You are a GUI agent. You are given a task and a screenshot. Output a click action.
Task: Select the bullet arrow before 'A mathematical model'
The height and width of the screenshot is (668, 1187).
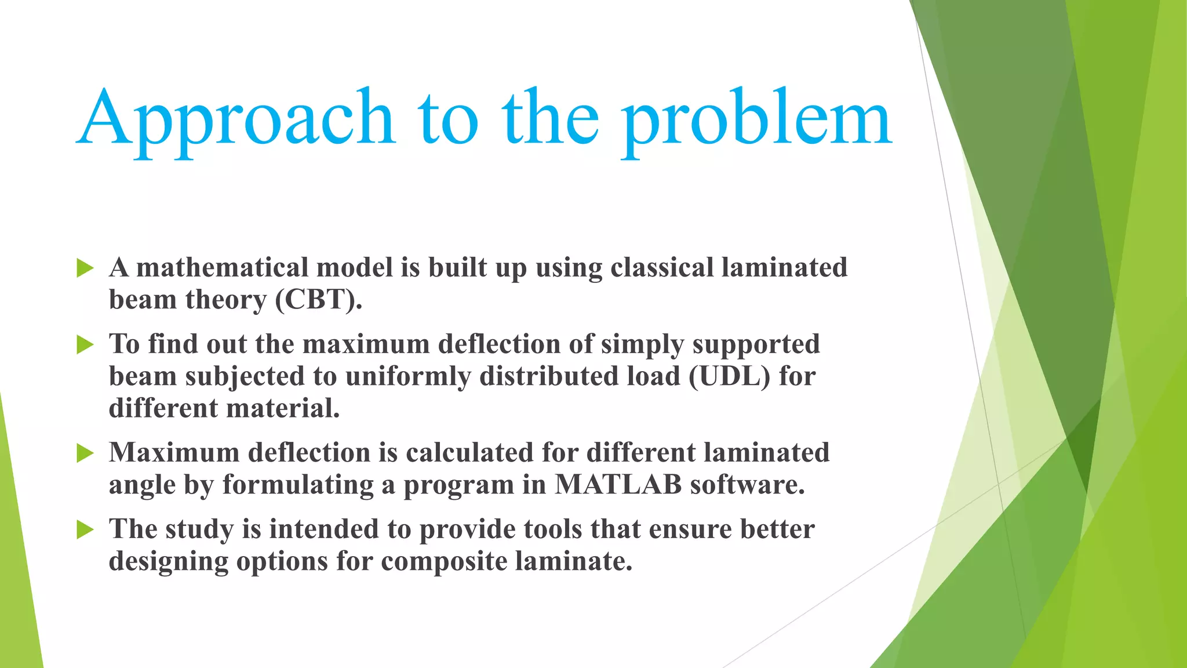85,268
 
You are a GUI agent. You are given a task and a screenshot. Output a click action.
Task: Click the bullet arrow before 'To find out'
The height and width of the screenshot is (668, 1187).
85,344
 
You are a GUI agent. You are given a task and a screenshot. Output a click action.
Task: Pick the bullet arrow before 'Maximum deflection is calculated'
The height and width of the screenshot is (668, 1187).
85,453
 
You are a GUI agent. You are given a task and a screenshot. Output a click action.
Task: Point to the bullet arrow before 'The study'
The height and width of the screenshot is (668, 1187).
85,529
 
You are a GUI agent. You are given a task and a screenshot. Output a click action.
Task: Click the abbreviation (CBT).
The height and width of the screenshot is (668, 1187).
318,300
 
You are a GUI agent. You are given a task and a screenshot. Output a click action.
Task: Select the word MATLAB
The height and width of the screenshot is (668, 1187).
618,485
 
